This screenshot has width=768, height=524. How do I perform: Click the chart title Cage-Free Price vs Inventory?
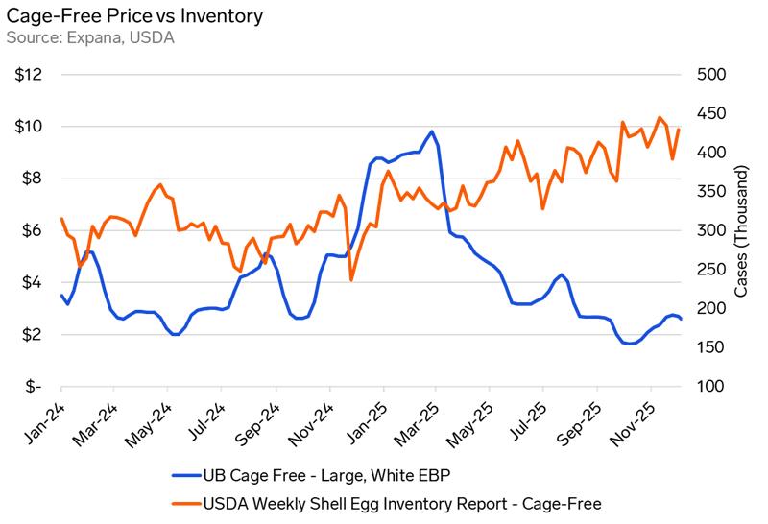pyautogui.click(x=133, y=17)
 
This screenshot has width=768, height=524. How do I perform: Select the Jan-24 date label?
pyautogui.click(x=42, y=417)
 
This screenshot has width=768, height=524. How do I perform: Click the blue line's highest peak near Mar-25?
pyautogui.click(x=432, y=131)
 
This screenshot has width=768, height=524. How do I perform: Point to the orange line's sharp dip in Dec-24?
pyautogui.click(x=351, y=279)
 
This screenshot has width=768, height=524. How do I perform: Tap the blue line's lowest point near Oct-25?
pyautogui.click(x=629, y=344)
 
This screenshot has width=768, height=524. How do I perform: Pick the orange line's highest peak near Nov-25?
pyautogui.click(x=660, y=118)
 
